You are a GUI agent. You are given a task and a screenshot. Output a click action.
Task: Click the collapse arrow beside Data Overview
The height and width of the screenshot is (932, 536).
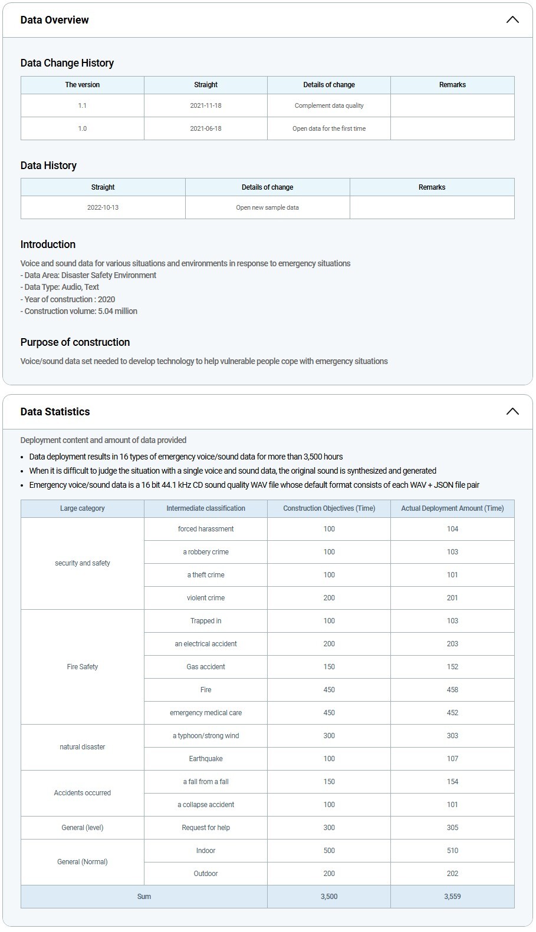coord(512,19)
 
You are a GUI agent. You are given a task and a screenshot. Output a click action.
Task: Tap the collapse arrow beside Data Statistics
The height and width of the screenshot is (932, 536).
coord(512,411)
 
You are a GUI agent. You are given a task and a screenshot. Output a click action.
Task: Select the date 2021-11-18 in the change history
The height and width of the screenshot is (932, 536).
coord(206,105)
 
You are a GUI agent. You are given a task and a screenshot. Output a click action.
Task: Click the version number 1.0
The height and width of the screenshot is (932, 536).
coord(83,128)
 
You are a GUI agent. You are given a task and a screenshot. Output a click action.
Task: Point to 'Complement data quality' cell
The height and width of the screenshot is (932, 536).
coord(329,105)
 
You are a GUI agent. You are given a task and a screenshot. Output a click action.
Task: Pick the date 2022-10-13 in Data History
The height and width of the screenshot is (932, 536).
coord(103,207)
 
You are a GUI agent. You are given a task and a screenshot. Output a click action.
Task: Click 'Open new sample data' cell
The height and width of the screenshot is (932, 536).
coord(267,207)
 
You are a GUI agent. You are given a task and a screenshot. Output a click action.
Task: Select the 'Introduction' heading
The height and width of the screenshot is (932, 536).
coord(48,244)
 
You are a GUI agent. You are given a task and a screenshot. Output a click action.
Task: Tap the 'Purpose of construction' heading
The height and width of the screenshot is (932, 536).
coord(75,342)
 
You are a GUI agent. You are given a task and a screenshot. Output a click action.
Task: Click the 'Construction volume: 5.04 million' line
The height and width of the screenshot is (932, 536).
coord(81,311)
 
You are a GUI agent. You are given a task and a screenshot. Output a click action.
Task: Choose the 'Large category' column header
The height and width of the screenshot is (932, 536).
coord(83,508)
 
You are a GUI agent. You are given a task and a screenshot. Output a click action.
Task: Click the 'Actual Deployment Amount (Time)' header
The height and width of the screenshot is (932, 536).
coord(452,508)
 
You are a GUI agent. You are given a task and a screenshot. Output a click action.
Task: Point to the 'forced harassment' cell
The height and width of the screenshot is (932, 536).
coord(206,529)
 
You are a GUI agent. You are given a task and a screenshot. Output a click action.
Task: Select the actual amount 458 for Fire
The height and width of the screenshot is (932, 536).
coord(452,690)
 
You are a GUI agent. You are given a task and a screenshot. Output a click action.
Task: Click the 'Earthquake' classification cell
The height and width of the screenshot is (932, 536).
coord(206,759)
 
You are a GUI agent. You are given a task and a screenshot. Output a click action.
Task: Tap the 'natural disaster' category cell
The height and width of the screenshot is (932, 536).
coord(83,747)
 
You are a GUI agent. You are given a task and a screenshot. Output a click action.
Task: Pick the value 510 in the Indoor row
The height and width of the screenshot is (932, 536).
coord(452,851)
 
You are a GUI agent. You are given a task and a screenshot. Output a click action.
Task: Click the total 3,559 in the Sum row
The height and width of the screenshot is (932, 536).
coord(452,897)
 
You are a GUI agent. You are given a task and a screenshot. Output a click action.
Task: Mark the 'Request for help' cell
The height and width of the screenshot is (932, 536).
coord(206,828)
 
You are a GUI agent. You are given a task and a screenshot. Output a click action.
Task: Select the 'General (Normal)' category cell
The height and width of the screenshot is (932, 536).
coord(83,862)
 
